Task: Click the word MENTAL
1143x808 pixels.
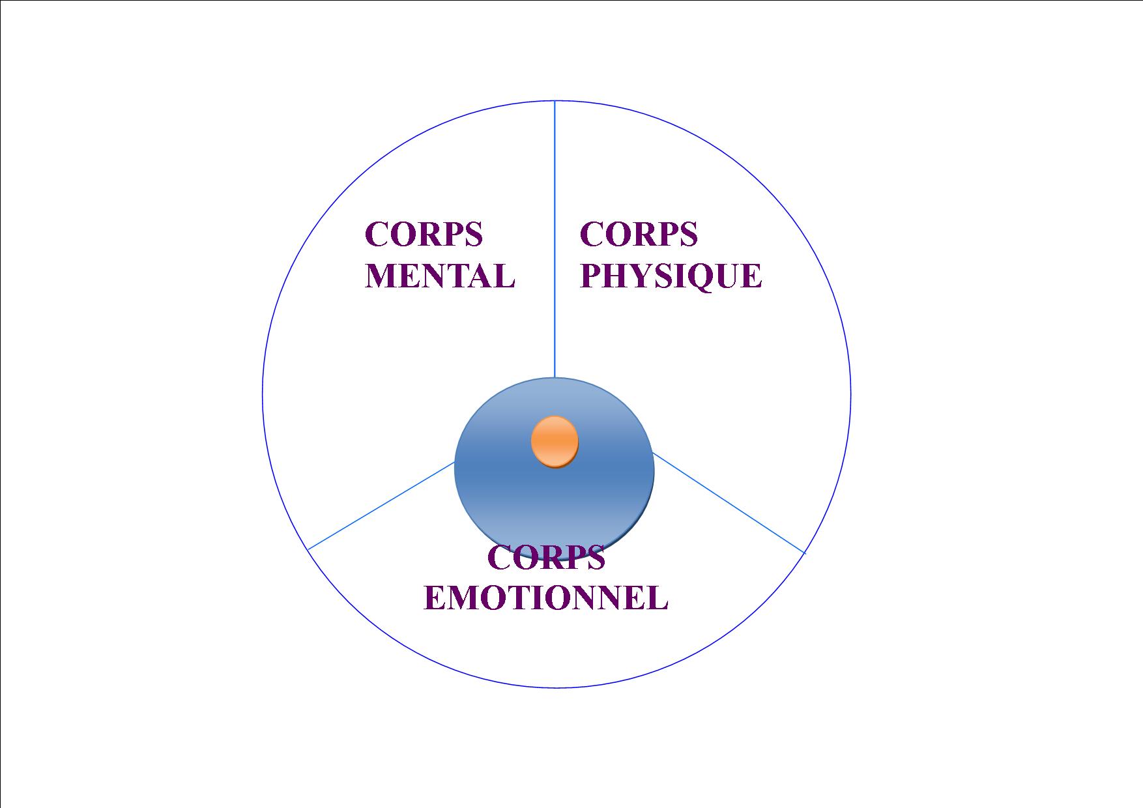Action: (x=440, y=275)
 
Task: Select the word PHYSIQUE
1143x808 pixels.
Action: (x=671, y=276)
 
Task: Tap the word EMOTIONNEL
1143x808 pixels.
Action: (x=546, y=597)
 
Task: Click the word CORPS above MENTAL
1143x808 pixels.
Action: (x=424, y=234)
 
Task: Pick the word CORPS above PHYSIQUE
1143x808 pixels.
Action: (x=639, y=234)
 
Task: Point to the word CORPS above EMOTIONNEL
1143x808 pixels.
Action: (x=546, y=557)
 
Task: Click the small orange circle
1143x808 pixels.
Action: (x=555, y=442)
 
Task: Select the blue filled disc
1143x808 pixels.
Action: (x=554, y=468)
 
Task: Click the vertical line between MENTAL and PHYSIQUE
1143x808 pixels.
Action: (x=555, y=239)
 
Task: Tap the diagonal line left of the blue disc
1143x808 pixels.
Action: (x=381, y=506)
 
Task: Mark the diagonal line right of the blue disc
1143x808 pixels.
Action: (x=729, y=503)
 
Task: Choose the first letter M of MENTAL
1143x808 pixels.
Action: (x=381, y=276)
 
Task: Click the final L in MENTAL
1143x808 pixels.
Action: (x=504, y=276)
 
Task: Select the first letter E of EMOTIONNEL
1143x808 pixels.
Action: (x=435, y=597)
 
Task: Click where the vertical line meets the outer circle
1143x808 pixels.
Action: (x=555, y=100)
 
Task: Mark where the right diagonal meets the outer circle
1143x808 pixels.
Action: (x=805, y=554)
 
